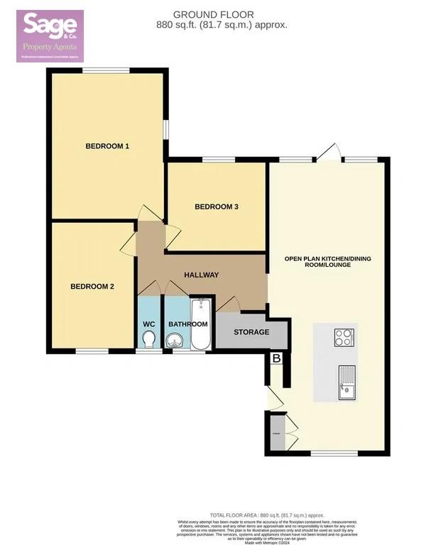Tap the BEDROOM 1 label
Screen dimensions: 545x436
(107, 147)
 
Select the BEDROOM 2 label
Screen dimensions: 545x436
(92, 287)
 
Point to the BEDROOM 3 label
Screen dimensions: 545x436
(217, 207)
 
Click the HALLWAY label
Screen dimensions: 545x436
(202, 275)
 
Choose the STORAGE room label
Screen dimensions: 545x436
(252, 332)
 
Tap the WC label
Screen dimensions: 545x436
(149, 324)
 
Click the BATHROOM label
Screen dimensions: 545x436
(187, 324)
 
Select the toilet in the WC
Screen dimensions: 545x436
(148, 342)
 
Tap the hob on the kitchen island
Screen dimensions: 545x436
(344, 337)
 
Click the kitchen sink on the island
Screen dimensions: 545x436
(347, 382)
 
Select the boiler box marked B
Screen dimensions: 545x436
(277, 359)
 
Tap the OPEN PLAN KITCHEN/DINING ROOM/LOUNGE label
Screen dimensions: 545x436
(328, 260)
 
